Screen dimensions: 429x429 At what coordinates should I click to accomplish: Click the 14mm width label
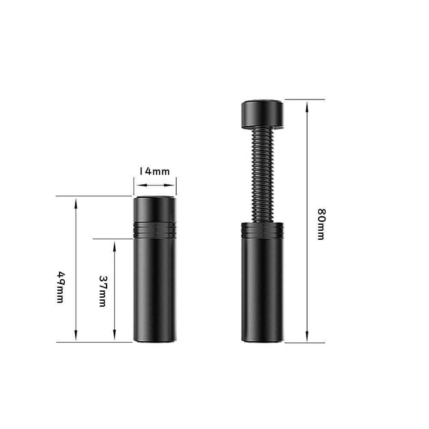154,172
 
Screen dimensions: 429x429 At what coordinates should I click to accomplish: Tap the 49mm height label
60,287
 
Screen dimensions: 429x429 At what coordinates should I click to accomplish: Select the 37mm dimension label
103,291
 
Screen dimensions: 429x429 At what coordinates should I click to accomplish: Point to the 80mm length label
321,224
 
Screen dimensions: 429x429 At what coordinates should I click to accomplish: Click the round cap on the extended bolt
263,114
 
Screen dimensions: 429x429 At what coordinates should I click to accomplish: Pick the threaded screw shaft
263,175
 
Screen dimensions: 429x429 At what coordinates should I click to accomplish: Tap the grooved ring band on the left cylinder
155,230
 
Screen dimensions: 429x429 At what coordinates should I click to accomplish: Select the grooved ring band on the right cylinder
263,230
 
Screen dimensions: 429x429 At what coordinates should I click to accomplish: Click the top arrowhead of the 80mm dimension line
307,107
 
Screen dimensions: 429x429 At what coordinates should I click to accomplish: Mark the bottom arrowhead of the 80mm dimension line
307,336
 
